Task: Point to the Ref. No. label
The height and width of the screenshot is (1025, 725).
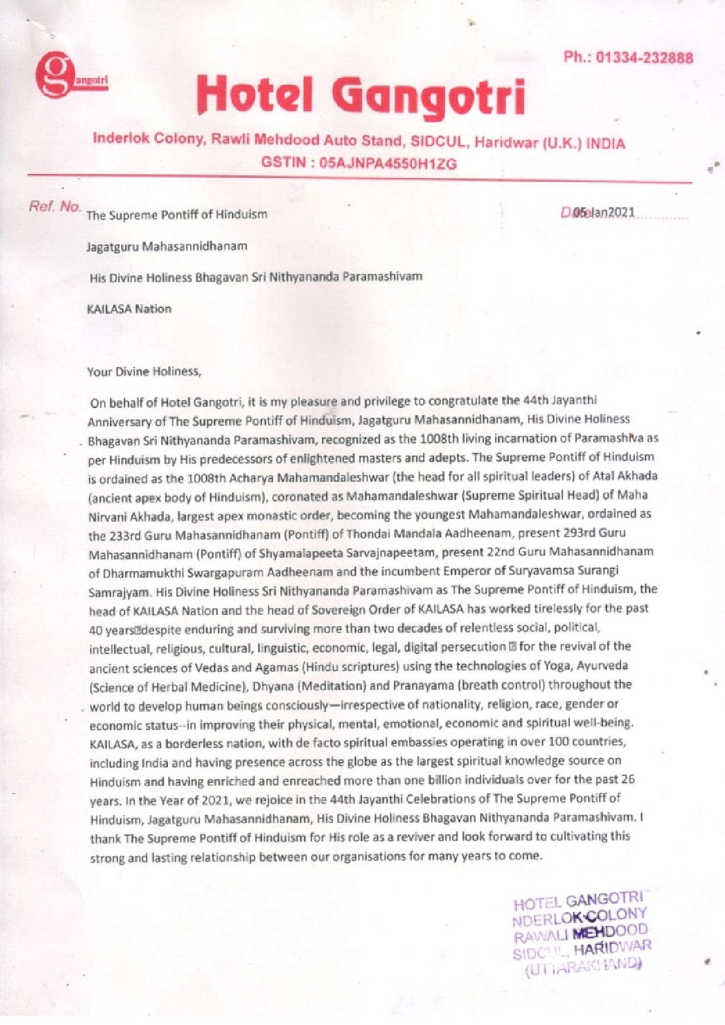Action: pos(55,207)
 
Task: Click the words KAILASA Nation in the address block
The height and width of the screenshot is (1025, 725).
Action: pos(129,309)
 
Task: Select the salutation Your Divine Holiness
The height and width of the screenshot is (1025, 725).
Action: pos(144,372)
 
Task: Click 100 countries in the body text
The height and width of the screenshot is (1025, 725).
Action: pos(587,742)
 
